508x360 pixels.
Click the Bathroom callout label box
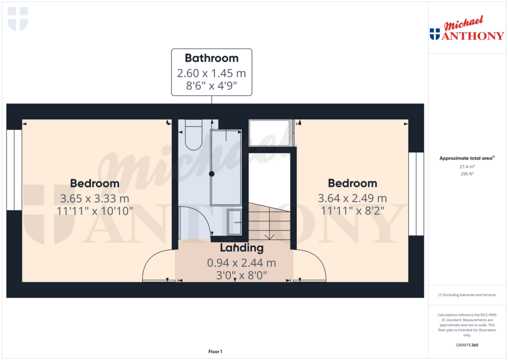click(x=212, y=72)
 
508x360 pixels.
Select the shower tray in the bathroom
click(x=226, y=167)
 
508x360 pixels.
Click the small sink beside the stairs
click(x=235, y=222)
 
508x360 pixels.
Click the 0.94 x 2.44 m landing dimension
click(x=242, y=262)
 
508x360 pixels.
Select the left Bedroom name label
click(x=94, y=183)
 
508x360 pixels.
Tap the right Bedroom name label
click(x=352, y=183)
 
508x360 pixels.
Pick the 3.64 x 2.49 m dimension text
click(x=352, y=199)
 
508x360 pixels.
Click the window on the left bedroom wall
click(x=14, y=170)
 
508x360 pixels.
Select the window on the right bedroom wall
click(x=416, y=194)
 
